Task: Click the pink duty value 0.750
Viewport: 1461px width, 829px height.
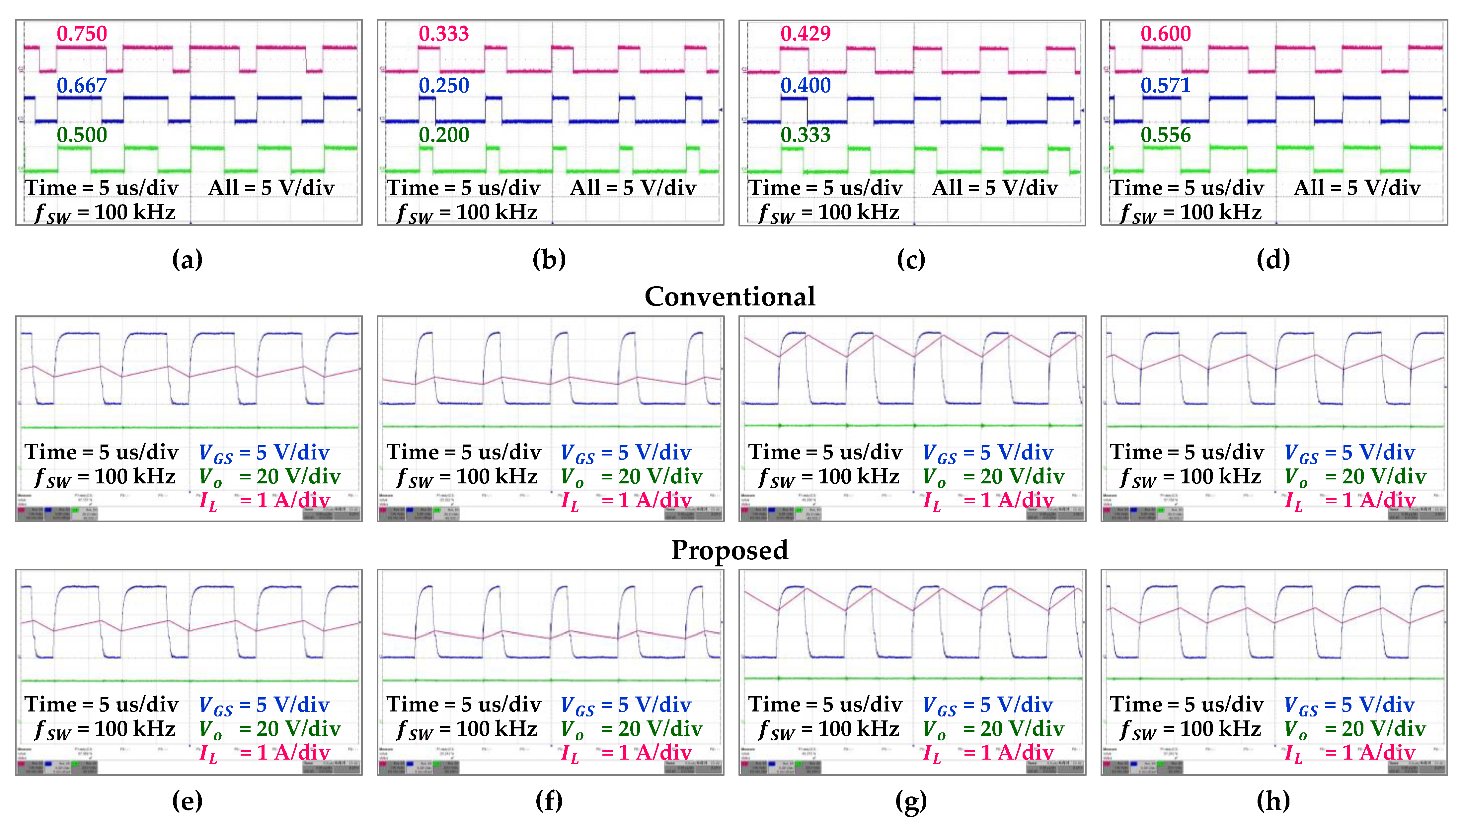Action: coord(82,34)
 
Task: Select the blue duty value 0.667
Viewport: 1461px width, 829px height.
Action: coord(82,85)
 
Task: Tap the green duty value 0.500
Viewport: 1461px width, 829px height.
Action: coord(82,135)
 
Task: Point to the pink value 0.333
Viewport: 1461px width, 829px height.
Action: coord(444,34)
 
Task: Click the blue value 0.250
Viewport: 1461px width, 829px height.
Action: coord(444,85)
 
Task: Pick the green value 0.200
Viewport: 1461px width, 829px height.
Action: coord(444,135)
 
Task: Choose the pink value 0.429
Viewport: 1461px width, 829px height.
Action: coord(806,34)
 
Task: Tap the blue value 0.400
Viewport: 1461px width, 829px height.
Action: coord(806,85)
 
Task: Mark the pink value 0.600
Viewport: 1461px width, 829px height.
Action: coord(1166,34)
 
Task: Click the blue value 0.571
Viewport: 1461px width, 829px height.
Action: coord(1166,85)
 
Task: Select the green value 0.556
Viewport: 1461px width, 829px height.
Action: coord(1166,135)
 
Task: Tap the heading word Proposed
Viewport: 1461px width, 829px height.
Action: coord(730,550)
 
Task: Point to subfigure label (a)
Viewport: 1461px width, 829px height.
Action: coord(187,260)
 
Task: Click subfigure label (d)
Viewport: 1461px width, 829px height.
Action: coord(1273,260)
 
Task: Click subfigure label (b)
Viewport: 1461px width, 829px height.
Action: coord(549,260)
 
